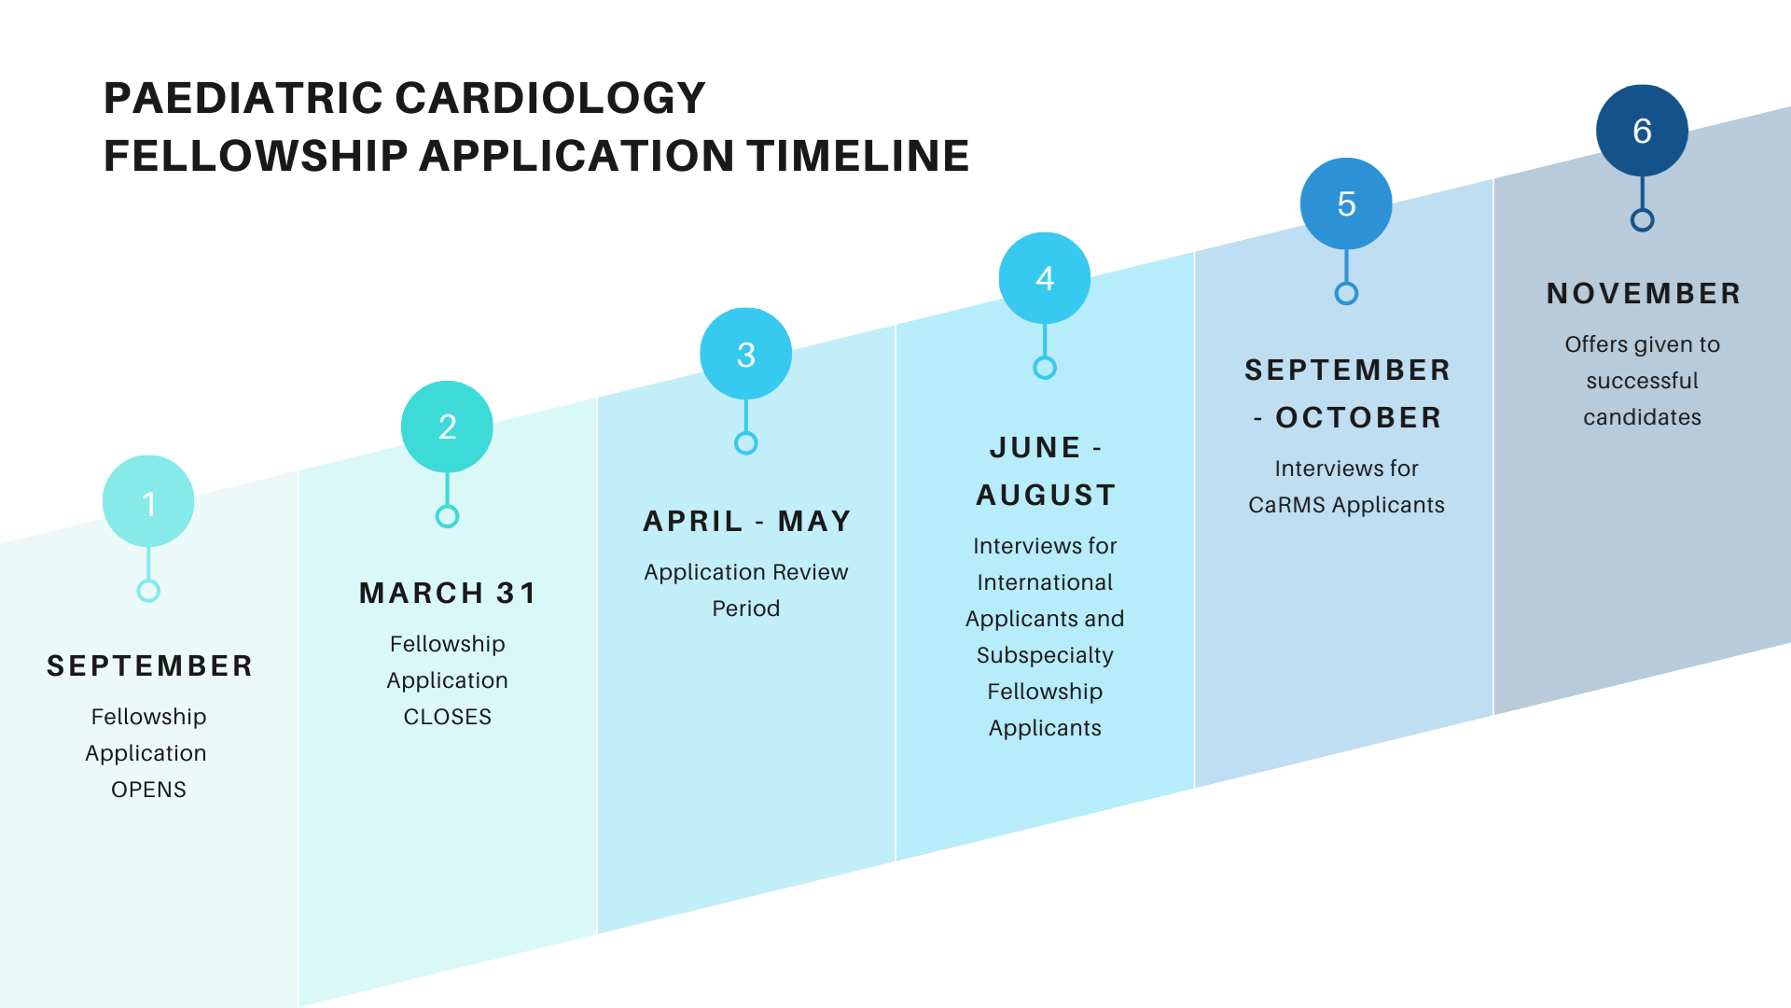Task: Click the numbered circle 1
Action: (148, 501)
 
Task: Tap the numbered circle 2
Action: (447, 427)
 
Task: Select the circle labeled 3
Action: (746, 354)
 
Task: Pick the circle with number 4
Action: (1045, 278)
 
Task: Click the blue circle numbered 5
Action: (1346, 203)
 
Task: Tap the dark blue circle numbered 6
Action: (1642, 131)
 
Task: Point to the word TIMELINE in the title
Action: (858, 156)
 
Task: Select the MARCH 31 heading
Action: (448, 593)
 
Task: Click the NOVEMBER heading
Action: (1644, 293)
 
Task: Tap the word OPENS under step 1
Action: (148, 790)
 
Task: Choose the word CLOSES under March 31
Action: (447, 717)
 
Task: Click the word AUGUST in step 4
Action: (1046, 495)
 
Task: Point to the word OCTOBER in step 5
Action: (1358, 417)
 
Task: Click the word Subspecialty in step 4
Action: (1045, 655)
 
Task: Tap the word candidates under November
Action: (1642, 417)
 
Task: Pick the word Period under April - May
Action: (745, 609)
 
